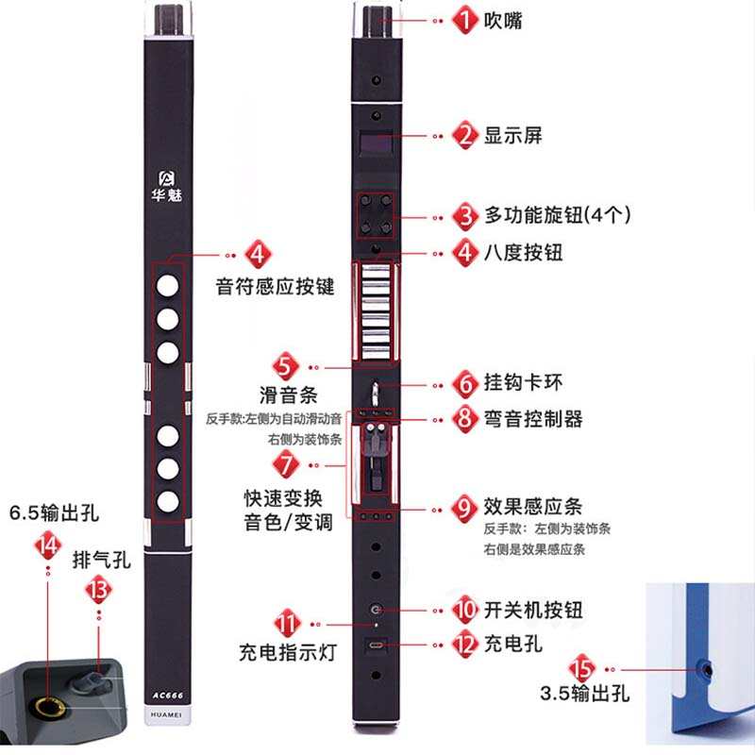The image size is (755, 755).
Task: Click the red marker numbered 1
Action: [x=463, y=20]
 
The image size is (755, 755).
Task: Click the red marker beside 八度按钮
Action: [x=463, y=253]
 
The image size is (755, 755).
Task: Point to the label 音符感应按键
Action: [x=275, y=287]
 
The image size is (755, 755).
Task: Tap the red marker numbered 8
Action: [x=463, y=419]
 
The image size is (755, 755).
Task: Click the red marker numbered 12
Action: [x=463, y=646]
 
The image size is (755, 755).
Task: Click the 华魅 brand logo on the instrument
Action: [x=169, y=186]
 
